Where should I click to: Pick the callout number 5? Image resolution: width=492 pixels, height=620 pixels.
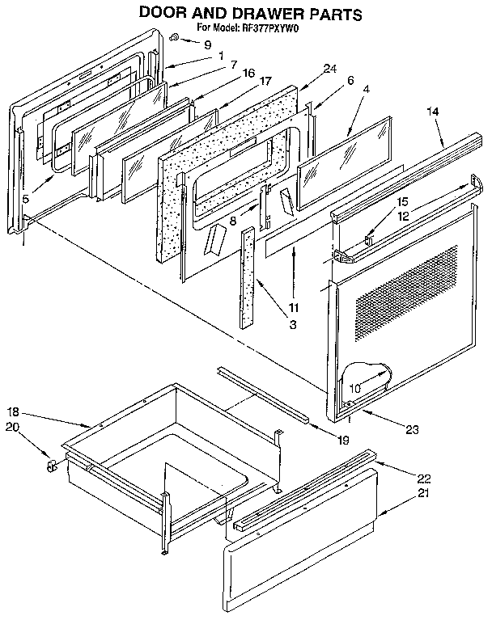26,196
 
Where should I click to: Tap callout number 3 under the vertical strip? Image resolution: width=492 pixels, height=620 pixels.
293,324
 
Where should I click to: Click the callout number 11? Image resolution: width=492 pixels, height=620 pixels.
293,306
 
